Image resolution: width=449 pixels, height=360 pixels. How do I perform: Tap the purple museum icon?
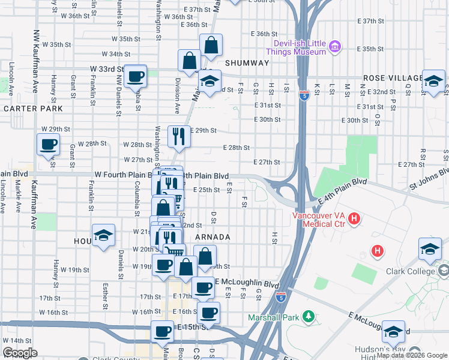click(x=336, y=47)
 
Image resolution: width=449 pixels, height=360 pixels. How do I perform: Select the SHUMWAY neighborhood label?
click(x=247, y=63)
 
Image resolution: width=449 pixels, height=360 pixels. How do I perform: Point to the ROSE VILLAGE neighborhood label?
click(x=393, y=79)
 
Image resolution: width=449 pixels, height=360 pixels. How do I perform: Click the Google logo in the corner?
click(x=20, y=353)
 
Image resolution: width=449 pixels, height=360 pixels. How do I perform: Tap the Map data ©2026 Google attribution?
click(x=412, y=355)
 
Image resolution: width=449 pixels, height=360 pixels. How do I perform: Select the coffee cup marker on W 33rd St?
click(x=136, y=76)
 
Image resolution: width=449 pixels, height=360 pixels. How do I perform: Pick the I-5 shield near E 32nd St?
click(x=304, y=94)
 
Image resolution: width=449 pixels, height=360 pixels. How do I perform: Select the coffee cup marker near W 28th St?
click(x=47, y=145)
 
